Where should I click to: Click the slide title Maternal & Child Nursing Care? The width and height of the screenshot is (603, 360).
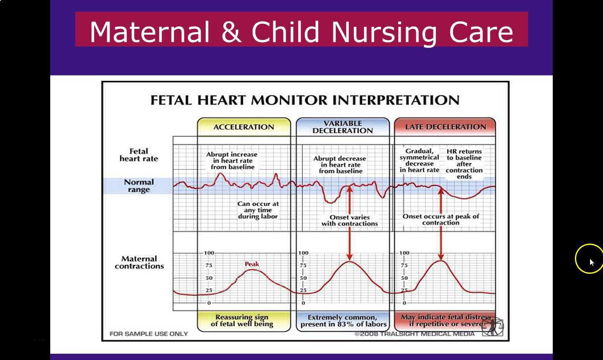pos(301,31)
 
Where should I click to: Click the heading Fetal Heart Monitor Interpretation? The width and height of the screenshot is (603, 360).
pos(305,100)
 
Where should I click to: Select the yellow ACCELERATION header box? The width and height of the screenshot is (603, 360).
pos(244,127)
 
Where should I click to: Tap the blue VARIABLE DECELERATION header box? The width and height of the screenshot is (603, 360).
pos(343,127)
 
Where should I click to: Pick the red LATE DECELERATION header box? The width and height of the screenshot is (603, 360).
pos(445,127)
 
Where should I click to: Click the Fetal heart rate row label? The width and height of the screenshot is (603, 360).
pos(139,155)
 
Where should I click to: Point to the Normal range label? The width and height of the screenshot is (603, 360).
pos(139,186)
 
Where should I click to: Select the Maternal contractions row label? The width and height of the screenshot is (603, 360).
pos(139,262)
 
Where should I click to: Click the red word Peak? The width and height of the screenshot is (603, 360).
pos(252,264)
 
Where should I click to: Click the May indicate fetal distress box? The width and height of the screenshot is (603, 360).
pos(445,321)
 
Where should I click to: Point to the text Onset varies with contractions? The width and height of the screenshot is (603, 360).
pos(350,221)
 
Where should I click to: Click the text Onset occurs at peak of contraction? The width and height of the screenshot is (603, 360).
pos(441,219)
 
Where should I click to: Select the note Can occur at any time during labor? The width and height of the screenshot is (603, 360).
pos(258,210)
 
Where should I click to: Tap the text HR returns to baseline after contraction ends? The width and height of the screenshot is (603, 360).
pos(464,164)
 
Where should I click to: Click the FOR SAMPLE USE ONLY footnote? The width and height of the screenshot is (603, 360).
pos(149,334)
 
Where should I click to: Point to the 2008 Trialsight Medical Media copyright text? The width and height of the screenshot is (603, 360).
pos(415,334)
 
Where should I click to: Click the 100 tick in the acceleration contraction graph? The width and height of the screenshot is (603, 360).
pos(209,253)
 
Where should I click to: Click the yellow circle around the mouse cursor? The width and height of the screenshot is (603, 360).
pos(589,258)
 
